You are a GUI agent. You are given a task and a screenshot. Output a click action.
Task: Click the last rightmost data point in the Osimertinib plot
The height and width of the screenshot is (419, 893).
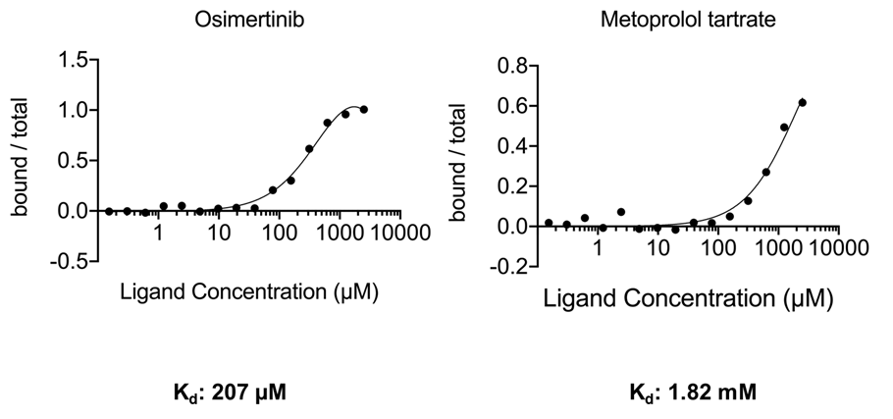[363, 110]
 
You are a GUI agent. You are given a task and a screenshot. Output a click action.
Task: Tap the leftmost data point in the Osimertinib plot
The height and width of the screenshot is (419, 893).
[109, 211]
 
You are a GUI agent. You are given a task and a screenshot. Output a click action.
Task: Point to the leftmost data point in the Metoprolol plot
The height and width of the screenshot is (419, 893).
[549, 223]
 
